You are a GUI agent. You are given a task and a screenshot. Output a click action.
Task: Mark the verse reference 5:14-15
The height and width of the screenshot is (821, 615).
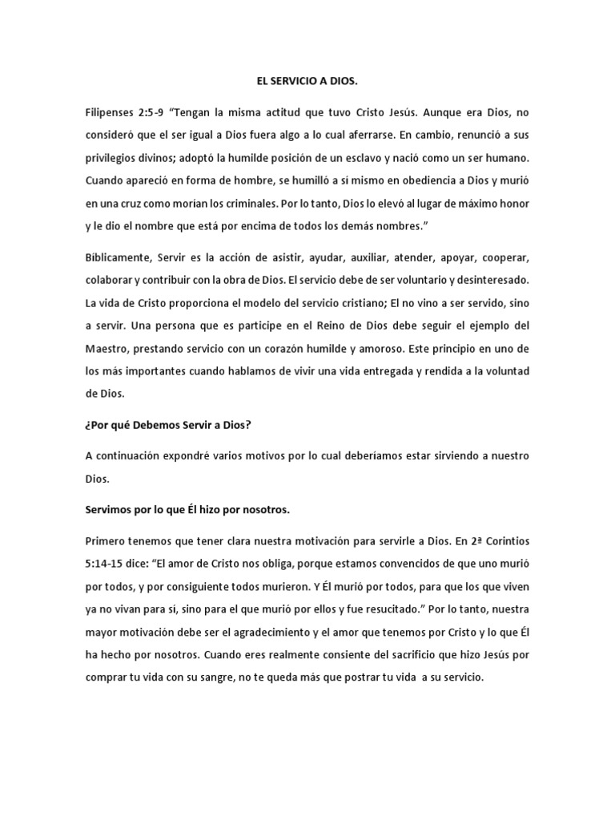(x=111, y=563)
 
